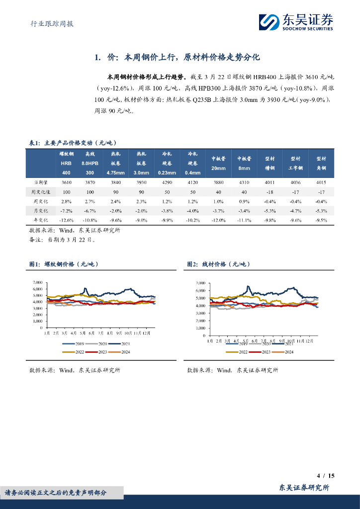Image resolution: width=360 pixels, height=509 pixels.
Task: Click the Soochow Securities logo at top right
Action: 296,22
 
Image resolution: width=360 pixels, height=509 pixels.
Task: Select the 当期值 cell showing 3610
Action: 66,183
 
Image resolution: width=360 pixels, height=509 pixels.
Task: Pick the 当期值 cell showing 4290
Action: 166,183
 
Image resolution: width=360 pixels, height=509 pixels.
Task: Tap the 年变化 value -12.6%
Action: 66,220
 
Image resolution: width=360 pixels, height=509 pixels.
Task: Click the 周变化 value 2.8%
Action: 66,201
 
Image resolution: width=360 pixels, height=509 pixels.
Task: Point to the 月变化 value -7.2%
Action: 66,211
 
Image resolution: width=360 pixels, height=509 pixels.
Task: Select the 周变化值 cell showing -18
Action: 270,192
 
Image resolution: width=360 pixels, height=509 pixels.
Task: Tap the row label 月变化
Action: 40,211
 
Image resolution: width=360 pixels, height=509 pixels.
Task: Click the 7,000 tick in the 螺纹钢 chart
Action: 37,282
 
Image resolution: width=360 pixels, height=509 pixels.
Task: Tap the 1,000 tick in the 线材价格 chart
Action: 199,321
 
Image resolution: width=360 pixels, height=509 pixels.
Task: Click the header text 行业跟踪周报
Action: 49,23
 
